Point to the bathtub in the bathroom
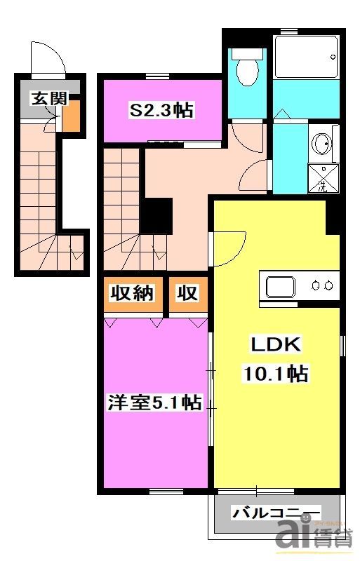tap(306, 57)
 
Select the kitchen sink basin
tap(282, 285)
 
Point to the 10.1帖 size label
tap(276, 374)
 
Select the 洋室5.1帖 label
tap(154, 403)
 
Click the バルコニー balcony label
tap(276, 513)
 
